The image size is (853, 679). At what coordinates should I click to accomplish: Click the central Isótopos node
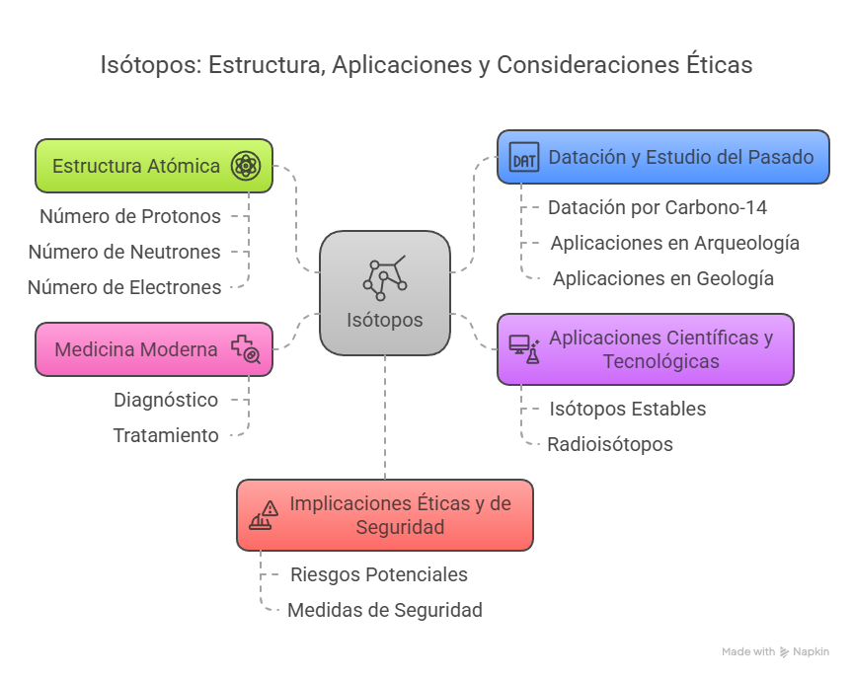(385, 292)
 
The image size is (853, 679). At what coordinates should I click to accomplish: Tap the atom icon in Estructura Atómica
(245, 166)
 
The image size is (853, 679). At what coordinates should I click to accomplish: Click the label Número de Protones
(130, 216)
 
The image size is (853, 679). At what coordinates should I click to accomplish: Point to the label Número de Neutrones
(124, 252)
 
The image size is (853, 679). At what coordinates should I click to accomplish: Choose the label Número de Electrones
(124, 287)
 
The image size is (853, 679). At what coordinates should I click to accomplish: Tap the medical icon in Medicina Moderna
(245, 349)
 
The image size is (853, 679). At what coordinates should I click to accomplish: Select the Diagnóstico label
(166, 400)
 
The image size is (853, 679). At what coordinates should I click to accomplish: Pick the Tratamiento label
(166, 435)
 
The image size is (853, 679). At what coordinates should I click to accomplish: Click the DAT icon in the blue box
(524, 157)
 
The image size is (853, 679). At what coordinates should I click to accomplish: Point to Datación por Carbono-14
(658, 207)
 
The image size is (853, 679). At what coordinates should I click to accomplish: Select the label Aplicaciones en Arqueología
(674, 243)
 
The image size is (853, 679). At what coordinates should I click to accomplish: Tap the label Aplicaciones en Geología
(662, 278)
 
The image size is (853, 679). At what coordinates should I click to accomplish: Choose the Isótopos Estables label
(628, 409)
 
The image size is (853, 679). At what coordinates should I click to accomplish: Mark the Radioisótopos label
(610, 444)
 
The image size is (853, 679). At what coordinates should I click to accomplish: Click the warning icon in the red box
(264, 516)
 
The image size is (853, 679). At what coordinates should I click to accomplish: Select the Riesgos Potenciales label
(379, 574)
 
